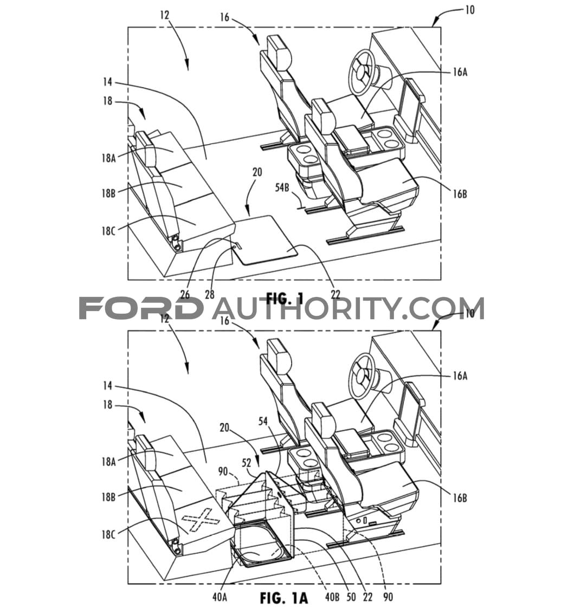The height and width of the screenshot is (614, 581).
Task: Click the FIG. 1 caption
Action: coord(285,299)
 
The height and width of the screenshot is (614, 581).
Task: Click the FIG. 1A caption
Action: coord(283,598)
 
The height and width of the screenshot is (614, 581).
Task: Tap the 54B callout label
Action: coord(281,188)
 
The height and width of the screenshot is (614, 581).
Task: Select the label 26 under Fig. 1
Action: coord(184,294)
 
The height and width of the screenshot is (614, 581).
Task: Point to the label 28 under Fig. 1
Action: coord(209,294)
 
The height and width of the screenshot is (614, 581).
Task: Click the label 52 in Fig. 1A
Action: coord(246,462)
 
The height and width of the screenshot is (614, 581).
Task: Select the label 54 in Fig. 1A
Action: coord(263,421)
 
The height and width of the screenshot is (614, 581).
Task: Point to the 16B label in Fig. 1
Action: coord(460,194)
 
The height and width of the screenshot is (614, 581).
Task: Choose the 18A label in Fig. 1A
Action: coord(108,462)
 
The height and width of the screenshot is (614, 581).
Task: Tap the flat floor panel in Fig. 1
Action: coord(266,240)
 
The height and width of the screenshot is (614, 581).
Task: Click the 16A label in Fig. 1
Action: coord(460,72)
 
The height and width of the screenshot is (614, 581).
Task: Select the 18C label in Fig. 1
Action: coord(108,231)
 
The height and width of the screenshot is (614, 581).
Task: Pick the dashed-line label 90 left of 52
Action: coord(223,471)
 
